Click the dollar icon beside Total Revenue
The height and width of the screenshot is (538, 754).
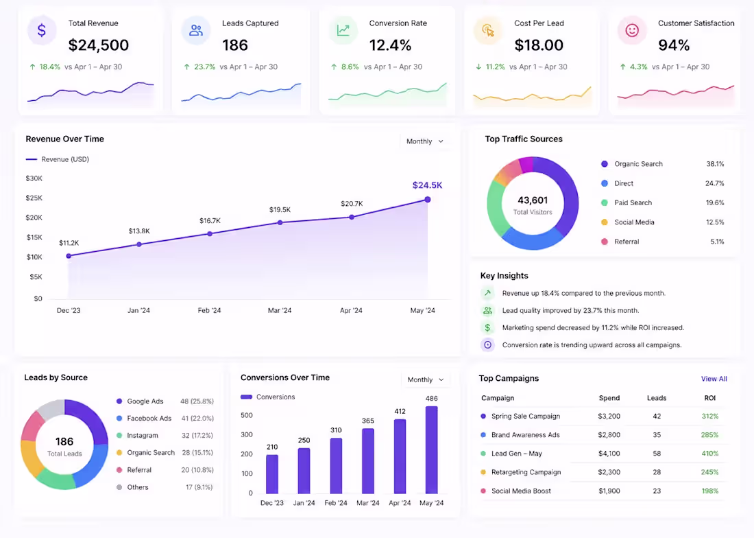42,30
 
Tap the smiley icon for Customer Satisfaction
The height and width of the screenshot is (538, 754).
632,30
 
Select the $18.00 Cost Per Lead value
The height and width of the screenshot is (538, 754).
539,45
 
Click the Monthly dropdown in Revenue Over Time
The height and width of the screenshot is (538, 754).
425,141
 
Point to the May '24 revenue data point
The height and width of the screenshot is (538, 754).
428,199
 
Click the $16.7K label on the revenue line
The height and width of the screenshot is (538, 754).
210,221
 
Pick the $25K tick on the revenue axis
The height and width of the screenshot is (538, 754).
34,198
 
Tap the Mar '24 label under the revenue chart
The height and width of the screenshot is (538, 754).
280,310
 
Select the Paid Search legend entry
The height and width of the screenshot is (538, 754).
633,202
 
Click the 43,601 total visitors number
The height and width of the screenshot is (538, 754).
533,200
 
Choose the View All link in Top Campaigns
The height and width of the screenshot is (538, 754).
714,379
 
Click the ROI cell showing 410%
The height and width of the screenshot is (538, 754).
709,454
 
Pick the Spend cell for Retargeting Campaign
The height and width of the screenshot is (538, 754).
609,472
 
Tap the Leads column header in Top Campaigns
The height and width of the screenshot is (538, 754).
657,398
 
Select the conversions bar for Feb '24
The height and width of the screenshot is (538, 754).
336,466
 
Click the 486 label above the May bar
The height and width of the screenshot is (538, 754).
431,399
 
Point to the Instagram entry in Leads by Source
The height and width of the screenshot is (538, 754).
143,436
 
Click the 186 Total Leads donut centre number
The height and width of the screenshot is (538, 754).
64,441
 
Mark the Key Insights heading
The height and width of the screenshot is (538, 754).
504,276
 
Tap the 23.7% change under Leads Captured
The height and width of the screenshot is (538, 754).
204,67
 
